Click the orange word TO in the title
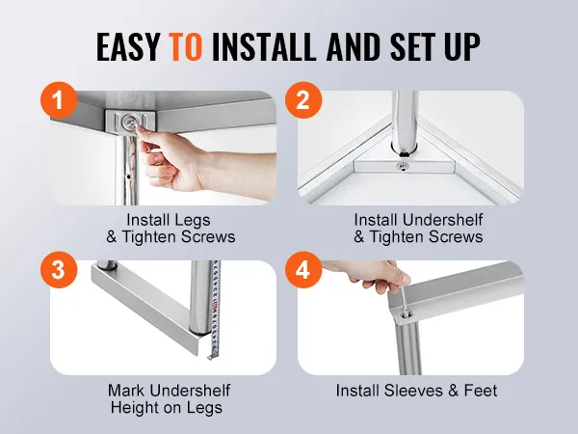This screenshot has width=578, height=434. tap(185, 47)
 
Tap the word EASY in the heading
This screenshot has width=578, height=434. tap(127, 47)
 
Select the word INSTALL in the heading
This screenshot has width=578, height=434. tap(263, 47)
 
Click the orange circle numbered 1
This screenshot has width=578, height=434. tap(59, 100)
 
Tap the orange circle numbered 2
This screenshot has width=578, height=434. tap(303, 100)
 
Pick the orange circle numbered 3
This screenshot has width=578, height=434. tap(59, 270)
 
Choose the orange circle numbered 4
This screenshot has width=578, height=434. tap(303, 270)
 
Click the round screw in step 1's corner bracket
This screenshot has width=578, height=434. tap(129, 121)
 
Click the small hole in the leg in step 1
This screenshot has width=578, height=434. tap(128, 176)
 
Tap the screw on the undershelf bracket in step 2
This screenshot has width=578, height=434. tap(403, 167)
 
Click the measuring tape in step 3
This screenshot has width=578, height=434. tap(215, 310)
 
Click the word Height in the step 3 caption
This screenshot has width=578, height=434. tap(134, 408)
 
